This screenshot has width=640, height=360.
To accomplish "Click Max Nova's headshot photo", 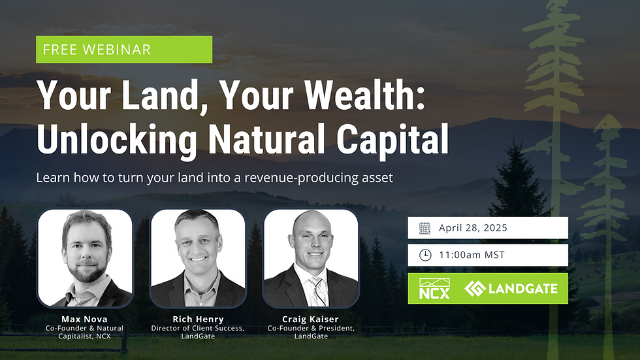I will point(85,257).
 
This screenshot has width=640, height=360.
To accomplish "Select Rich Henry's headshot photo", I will point(198,257).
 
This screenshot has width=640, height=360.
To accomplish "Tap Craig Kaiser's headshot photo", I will point(311,257).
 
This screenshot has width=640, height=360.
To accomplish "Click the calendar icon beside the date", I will point(424,228).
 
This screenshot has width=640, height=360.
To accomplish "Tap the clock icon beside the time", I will point(424,255).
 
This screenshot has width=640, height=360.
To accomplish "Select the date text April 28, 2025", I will point(473,229).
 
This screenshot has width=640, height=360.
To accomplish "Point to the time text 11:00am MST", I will point(472,255).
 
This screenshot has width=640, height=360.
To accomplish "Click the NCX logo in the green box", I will point(434,289).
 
